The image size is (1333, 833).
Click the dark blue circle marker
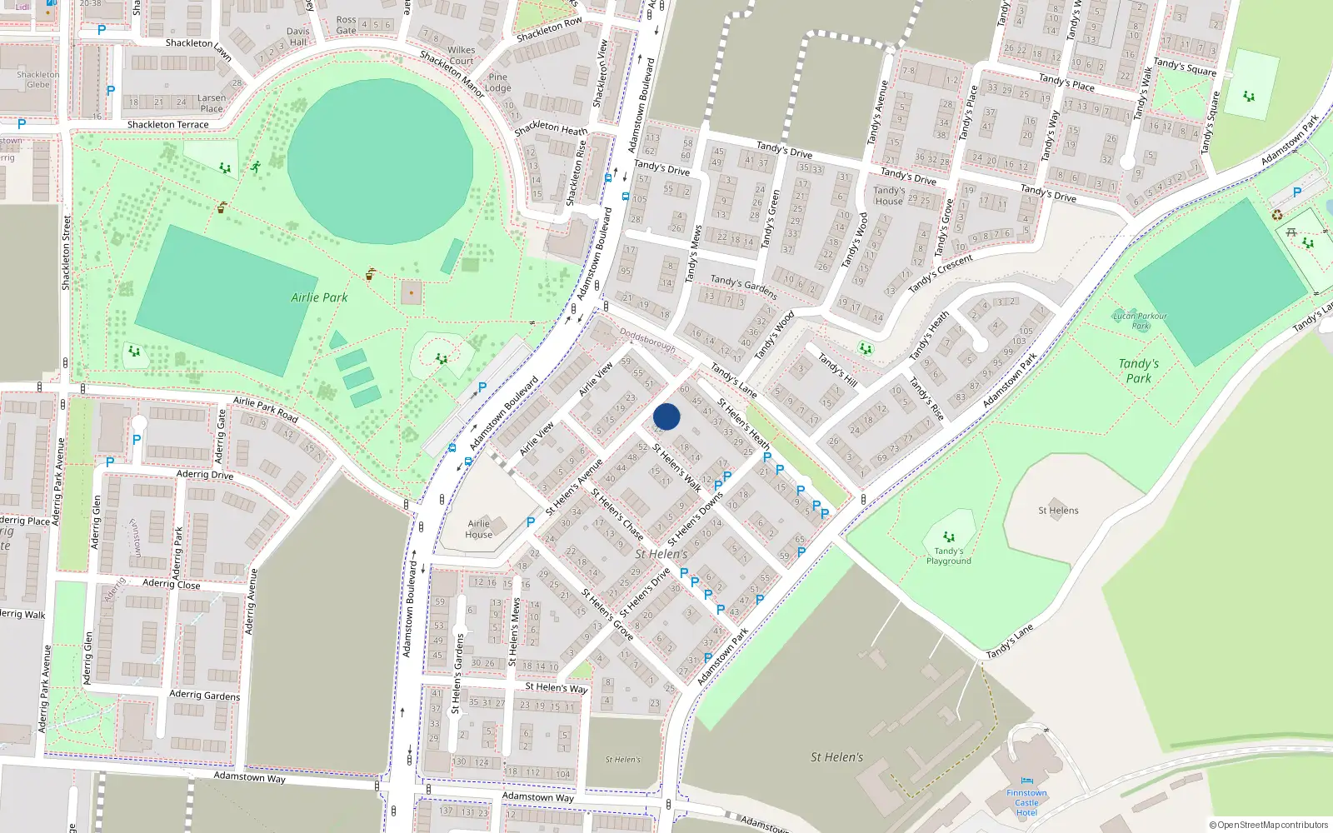(666, 416)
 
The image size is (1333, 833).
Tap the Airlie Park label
(319, 297)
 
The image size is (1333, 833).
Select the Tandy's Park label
(1138, 371)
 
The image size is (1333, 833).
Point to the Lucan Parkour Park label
(1140, 321)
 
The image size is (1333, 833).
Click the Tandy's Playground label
(948, 556)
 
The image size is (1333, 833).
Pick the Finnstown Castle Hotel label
(1026, 803)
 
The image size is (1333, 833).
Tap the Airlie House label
(479, 529)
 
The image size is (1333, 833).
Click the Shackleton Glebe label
(38, 79)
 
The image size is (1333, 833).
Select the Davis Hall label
(297, 37)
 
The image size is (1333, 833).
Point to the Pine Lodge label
(497, 82)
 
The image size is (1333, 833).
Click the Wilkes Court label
(461, 55)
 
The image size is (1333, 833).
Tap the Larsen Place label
(212, 103)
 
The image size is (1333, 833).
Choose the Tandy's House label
(889, 196)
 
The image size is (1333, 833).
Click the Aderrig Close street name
(171, 584)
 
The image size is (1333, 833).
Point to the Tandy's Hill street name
(837, 370)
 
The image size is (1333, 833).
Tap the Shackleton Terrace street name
(167, 125)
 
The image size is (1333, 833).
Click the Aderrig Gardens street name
(204, 695)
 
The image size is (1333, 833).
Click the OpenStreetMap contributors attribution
(1268, 825)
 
